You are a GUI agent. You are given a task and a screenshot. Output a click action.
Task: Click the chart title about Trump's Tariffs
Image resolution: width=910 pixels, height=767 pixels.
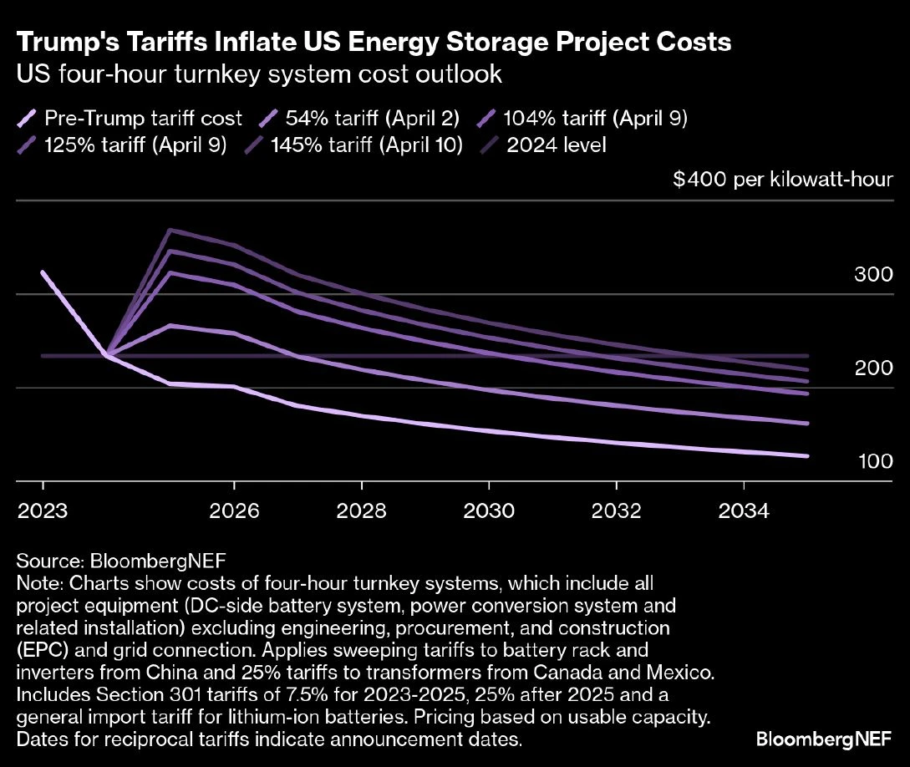[374, 43]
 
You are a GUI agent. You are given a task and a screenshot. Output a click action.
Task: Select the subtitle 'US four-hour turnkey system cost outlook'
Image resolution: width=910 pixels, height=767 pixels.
[259, 74]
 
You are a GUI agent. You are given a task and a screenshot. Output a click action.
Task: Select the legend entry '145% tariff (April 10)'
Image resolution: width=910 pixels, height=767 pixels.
[368, 145]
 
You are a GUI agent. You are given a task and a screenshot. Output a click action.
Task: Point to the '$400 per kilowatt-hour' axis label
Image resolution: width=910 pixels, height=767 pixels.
[783, 180]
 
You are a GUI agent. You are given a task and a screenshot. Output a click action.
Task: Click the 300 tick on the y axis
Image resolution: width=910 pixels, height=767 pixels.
[873, 275]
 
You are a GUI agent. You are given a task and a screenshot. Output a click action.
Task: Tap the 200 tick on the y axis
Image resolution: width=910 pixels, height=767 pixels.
[873, 368]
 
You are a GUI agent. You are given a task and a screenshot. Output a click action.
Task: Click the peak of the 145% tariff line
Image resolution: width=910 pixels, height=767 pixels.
[170, 230]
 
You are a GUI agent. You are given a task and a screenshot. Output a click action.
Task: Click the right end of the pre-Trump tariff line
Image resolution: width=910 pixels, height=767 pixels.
[807, 455]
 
